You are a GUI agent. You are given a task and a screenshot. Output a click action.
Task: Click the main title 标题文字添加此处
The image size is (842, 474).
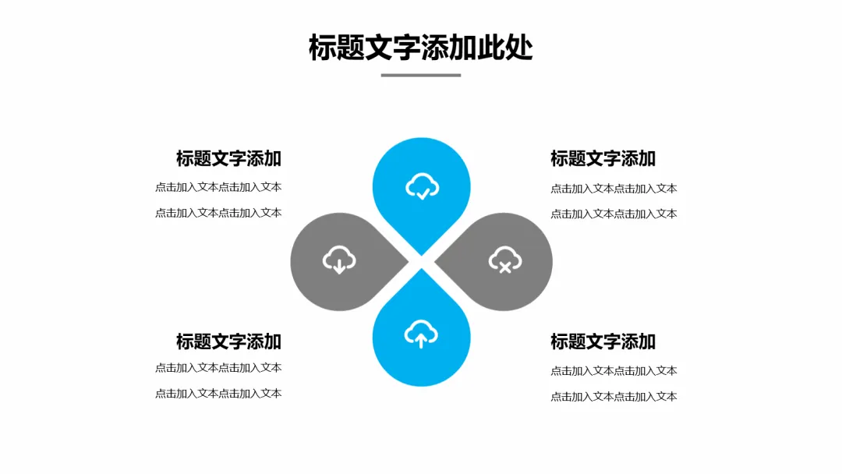421,48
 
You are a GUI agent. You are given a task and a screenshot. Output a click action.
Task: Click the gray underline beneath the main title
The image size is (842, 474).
421,76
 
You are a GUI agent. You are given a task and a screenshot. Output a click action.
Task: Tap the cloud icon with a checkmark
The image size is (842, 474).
422,187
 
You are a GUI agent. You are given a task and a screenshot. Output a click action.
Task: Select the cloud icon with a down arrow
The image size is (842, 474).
339,260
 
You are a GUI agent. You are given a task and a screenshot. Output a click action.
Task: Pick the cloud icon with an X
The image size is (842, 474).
504,260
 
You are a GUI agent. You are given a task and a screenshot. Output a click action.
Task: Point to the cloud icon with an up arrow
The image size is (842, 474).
421,334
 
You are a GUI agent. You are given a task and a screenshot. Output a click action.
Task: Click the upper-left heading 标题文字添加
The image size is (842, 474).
228,158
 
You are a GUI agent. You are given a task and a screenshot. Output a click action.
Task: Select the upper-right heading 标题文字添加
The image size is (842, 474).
603,158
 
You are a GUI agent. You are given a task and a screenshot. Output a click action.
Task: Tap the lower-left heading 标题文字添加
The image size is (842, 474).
228,341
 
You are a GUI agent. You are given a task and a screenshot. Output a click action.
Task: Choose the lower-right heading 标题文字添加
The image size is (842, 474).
603,341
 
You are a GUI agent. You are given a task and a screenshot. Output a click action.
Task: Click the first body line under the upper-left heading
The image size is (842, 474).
218,187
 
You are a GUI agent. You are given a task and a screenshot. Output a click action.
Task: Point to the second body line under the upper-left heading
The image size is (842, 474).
218,213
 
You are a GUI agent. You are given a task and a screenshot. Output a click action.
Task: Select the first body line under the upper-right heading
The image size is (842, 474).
614,189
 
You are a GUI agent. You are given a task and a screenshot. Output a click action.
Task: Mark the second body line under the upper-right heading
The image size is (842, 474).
614,214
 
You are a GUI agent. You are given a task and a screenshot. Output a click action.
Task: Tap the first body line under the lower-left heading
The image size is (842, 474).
218,368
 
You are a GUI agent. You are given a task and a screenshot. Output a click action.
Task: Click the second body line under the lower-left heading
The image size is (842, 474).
218,394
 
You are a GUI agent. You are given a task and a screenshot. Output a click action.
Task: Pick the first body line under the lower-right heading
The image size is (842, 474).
614,371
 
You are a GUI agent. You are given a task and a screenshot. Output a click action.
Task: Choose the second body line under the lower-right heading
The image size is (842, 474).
614,397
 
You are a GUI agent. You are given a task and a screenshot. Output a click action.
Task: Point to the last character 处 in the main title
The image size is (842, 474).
519,48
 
